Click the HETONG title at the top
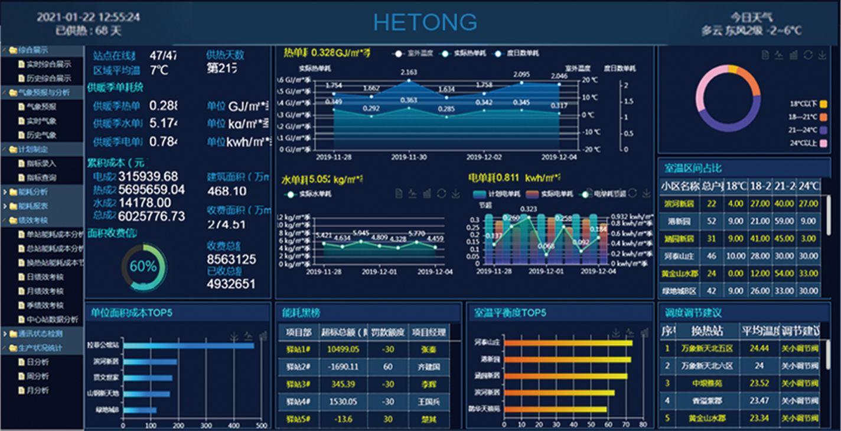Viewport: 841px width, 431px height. tap(425, 22)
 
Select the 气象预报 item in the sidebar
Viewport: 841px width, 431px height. tap(41, 107)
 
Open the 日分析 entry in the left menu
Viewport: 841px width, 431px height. tap(38, 362)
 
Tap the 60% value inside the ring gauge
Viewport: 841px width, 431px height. tap(143, 267)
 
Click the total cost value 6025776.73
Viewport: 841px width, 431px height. tap(151, 216)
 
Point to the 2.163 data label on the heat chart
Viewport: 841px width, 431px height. tap(409, 73)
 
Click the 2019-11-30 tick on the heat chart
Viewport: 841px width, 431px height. tap(409, 157)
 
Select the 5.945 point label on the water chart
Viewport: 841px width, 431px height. tap(361, 233)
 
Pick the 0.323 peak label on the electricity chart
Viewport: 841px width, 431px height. tap(529, 209)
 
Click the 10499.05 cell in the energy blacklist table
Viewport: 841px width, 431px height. tap(343, 349)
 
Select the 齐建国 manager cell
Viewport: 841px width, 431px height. tap(429, 367)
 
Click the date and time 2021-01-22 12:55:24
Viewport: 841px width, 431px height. tap(89, 17)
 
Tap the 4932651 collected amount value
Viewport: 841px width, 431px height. tap(231, 284)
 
